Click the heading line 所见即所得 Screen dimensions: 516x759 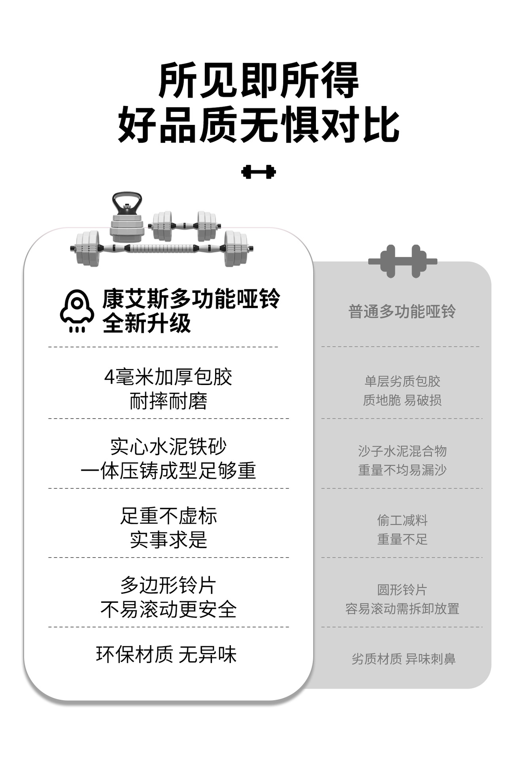pyautogui.click(x=258, y=80)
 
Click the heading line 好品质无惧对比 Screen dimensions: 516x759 pyautogui.click(x=258, y=125)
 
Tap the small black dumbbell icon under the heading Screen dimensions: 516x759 pyautogui.click(x=258, y=172)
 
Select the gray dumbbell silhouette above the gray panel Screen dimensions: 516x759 pyautogui.click(x=403, y=261)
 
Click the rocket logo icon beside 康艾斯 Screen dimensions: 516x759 pyautogui.click(x=77, y=311)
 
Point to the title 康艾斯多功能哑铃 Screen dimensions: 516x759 pyautogui.click(x=191, y=298)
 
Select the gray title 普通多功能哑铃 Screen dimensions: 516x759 pyautogui.click(x=402, y=312)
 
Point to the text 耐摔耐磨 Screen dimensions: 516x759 pyautogui.click(x=168, y=401)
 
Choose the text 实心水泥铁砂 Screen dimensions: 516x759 pyautogui.click(x=168, y=447)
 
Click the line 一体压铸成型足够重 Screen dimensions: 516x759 pyautogui.click(x=168, y=471)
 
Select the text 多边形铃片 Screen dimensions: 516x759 pyautogui.click(x=168, y=585)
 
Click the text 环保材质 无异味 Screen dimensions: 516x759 pyautogui.click(x=166, y=655)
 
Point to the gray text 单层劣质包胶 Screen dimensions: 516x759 pyautogui.click(x=402, y=381)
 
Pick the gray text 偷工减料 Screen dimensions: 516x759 pyautogui.click(x=402, y=520)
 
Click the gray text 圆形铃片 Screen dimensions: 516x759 pyautogui.click(x=402, y=590)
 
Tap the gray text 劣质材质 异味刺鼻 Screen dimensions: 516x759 pyautogui.click(x=403, y=659)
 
